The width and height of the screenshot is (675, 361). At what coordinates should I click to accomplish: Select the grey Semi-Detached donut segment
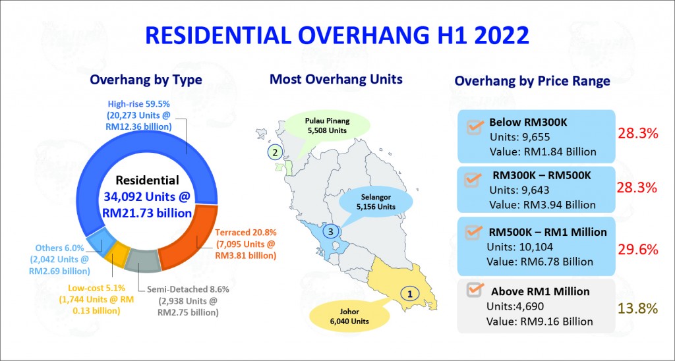point(142,260)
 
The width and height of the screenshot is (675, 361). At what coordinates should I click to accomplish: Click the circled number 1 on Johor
point(410,294)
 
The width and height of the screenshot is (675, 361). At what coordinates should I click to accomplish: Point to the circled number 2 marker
point(275,152)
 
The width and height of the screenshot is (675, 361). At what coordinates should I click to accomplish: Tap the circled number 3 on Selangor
point(331,232)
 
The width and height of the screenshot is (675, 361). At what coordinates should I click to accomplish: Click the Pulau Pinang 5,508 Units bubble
point(328,126)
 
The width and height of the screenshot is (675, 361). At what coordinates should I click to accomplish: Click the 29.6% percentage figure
point(638,250)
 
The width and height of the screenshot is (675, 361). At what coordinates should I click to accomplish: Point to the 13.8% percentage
point(638,308)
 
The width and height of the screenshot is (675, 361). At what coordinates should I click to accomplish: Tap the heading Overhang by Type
point(146,80)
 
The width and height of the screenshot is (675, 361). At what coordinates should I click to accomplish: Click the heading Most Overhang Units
point(336,79)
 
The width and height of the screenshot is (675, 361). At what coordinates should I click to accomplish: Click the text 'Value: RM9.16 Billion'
point(539,321)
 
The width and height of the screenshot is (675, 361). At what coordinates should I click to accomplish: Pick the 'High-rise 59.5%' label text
point(138,105)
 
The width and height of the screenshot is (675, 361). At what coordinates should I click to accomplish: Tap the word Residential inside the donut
point(147,180)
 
